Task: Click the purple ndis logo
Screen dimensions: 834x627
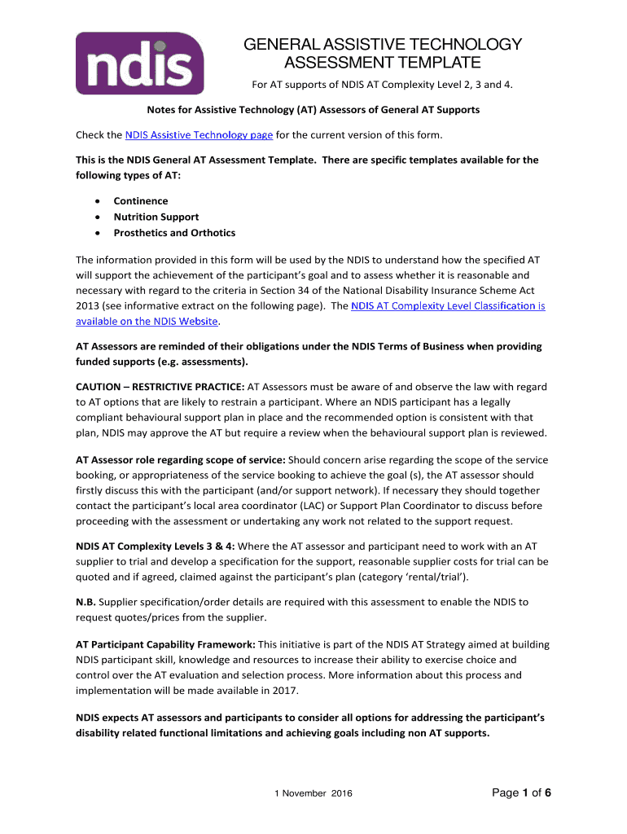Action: pos(139,64)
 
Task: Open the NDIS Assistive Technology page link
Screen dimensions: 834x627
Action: pos(199,134)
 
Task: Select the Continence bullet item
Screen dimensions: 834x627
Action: pos(140,201)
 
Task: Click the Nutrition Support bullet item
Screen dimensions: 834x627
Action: pos(156,217)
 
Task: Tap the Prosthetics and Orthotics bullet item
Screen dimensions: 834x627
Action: pos(174,233)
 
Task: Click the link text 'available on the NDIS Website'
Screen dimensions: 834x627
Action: pos(147,322)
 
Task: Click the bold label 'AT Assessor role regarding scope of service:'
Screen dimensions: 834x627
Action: pos(181,459)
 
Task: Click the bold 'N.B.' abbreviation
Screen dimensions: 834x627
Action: pos(86,603)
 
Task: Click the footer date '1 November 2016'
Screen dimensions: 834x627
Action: pos(313,794)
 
